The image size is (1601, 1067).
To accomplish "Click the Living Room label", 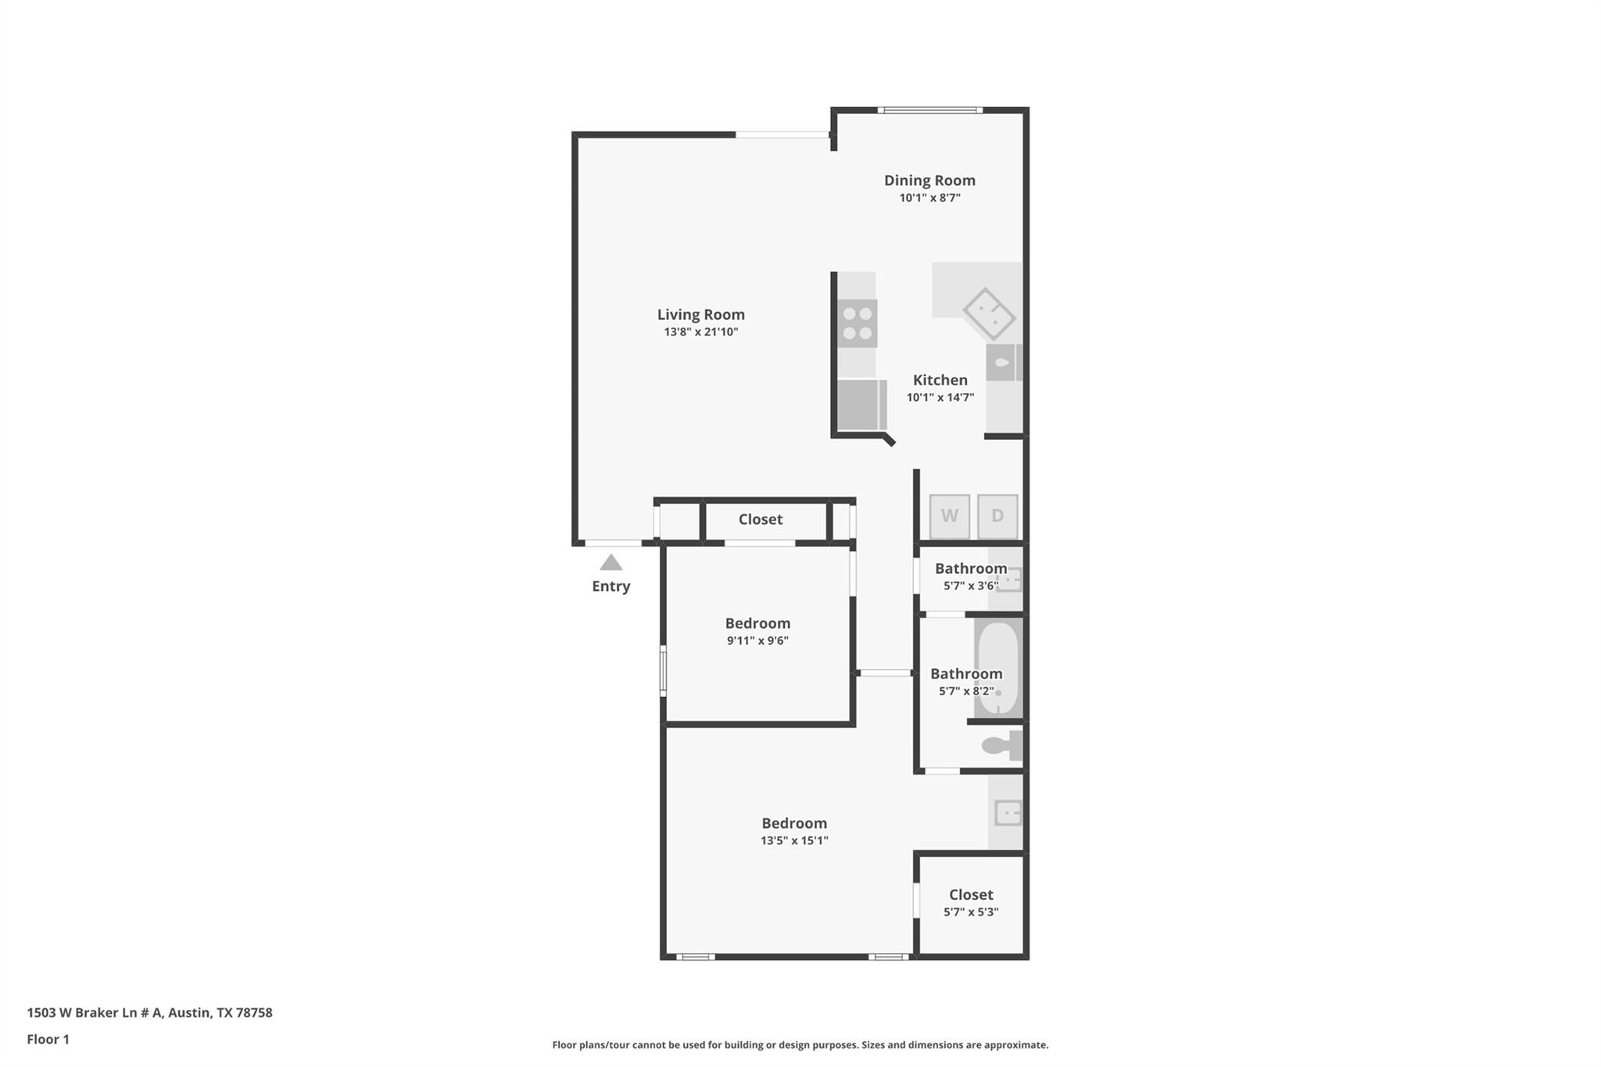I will point(700,314).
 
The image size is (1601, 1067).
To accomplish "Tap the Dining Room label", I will point(929,181).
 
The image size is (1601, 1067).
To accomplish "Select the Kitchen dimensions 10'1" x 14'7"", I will point(940,397).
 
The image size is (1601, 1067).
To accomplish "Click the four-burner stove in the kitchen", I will point(858,323).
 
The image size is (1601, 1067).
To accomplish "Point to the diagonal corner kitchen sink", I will point(989,314).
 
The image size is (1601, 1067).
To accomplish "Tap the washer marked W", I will point(949,516).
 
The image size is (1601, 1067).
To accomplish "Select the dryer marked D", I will point(997,516).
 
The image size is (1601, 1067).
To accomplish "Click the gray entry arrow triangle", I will point(611,563).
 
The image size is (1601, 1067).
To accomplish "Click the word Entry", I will point(611,586).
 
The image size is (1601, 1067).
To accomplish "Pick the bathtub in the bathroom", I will point(998,668).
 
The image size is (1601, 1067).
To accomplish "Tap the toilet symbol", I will point(1001,746).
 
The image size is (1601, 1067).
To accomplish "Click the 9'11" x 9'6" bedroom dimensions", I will point(758,641).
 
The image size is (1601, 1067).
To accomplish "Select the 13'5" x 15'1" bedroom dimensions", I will point(794,841).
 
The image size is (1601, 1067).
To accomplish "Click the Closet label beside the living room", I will point(760,520).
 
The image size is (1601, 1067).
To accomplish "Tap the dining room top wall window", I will point(929,110).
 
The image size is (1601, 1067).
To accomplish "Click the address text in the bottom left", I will point(149,1013).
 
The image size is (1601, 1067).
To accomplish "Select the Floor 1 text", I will point(48,1040).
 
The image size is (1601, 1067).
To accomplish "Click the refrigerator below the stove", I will point(861,404).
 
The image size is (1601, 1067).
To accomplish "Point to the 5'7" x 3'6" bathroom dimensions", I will point(971,586).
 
